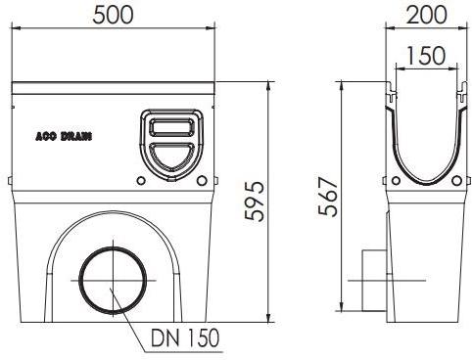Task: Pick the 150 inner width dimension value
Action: click(425, 57)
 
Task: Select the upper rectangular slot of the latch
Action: click(172, 126)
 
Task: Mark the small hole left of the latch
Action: click(141, 180)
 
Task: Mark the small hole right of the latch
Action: click(203, 180)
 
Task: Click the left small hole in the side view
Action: click(395, 181)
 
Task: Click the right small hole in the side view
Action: click(453, 181)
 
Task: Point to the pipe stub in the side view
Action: click(373, 278)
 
